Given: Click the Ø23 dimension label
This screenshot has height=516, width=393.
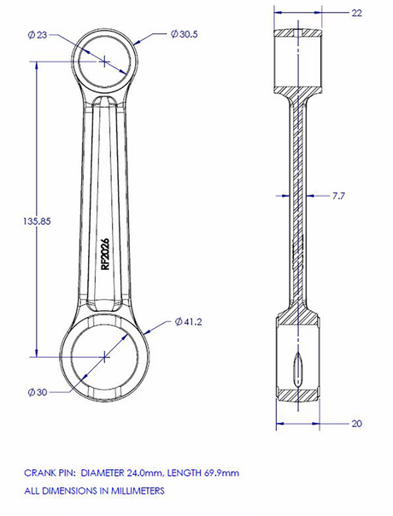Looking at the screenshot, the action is (38, 35).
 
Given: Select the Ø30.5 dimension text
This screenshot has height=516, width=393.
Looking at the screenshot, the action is (185, 34).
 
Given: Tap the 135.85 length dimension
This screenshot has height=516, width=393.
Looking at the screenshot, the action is (37, 220).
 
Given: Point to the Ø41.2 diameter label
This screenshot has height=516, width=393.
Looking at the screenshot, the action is (189, 322).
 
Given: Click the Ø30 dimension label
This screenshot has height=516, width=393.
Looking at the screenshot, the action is (38, 392).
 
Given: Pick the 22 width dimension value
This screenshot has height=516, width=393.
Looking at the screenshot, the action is (357, 13).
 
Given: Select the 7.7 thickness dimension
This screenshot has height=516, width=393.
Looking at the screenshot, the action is (338, 196).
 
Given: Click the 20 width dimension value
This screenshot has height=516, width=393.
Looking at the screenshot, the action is (357, 424).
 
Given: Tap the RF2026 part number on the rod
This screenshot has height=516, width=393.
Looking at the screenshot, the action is (105, 254).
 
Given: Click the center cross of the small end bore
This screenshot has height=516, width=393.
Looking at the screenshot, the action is (104, 62).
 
